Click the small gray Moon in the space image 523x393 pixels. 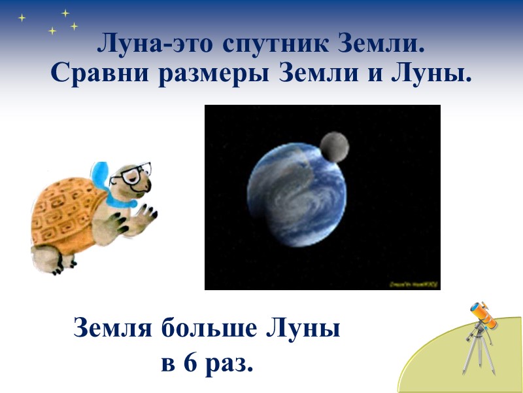[334, 146]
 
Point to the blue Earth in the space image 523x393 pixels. [297, 196]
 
